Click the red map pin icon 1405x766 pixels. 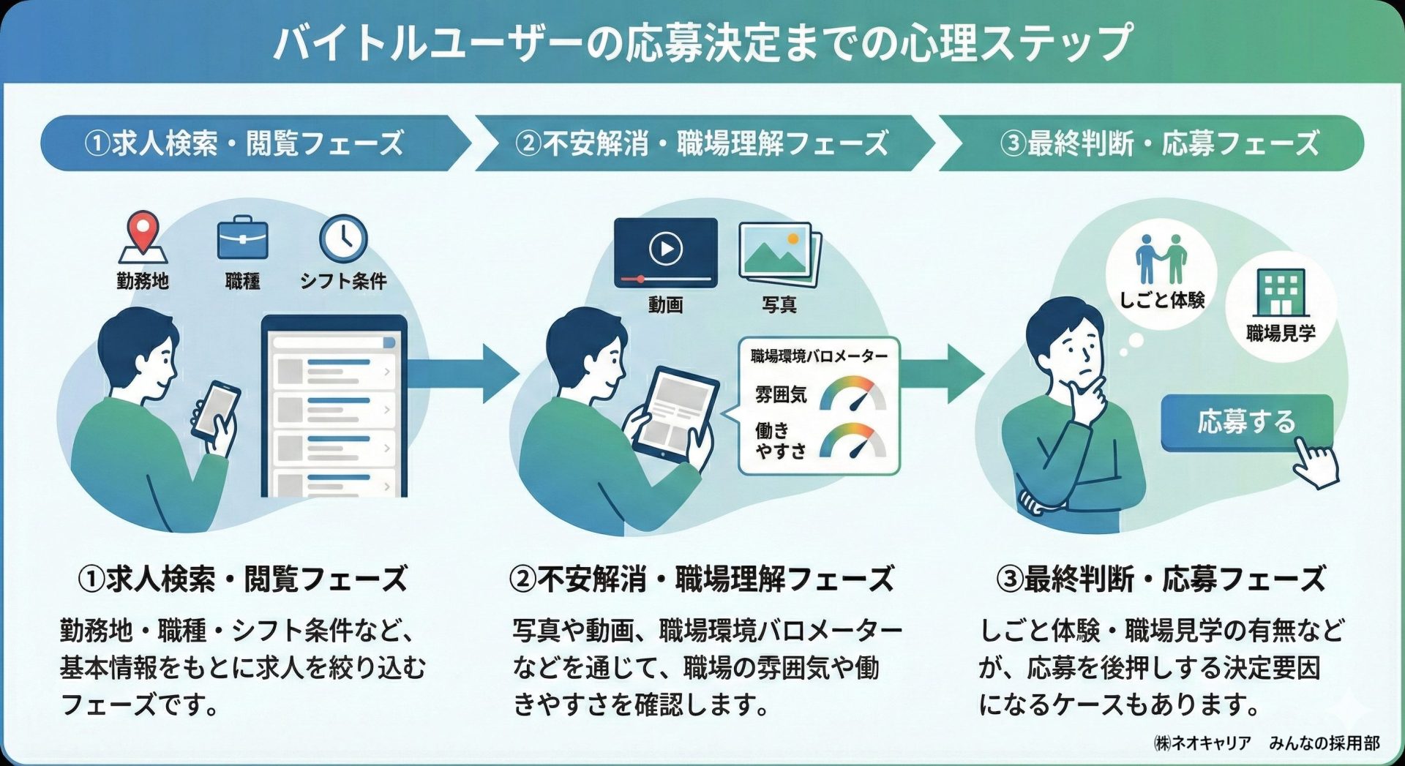click(143, 233)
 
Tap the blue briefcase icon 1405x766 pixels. click(243, 238)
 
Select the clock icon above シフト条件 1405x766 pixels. click(343, 238)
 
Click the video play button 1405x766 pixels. click(665, 249)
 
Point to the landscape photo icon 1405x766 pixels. click(778, 253)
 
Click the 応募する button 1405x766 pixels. click(1245, 422)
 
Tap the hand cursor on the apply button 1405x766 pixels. click(1316, 462)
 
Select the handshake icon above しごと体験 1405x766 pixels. click(1161, 260)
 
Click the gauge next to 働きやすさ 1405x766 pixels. click(853, 441)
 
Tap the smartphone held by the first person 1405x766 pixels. click(217, 410)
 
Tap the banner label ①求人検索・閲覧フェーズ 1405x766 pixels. click(244, 143)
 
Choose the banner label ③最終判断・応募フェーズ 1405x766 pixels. click(1159, 143)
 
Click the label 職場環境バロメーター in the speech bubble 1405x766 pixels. click(819, 356)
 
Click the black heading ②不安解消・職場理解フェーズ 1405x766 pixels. click(701, 579)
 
